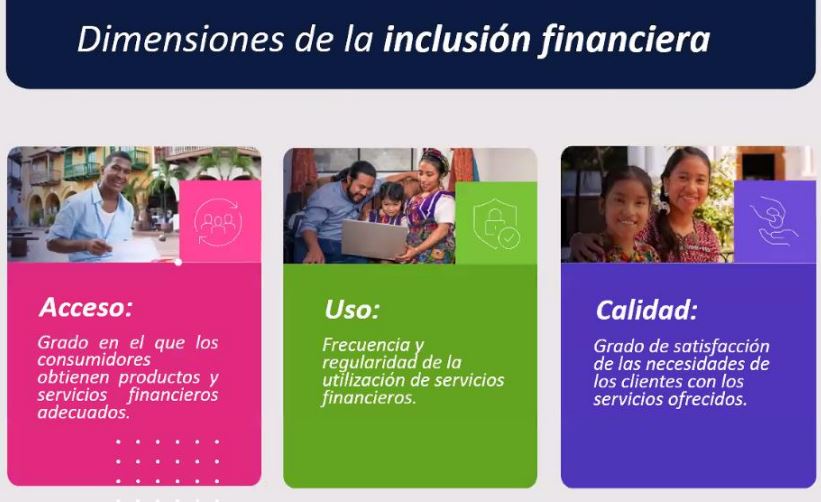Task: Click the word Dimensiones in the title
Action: [x=181, y=39]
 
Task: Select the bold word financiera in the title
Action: [x=625, y=40]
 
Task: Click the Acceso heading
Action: [x=86, y=307]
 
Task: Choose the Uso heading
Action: [x=352, y=309]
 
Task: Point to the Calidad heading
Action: [x=647, y=310]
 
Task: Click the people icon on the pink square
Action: [x=218, y=222]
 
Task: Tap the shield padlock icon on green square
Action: [x=496, y=224]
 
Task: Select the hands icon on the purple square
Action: [x=774, y=221]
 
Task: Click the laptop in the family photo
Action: [x=373, y=239]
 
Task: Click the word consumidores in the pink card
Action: [x=94, y=360]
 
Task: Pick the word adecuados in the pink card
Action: [x=83, y=412]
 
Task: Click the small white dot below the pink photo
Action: [x=178, y=262]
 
